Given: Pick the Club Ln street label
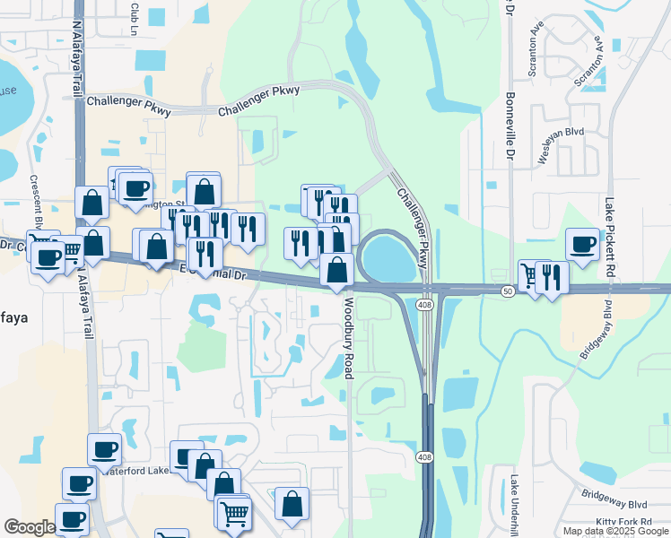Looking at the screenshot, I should pos(135,13).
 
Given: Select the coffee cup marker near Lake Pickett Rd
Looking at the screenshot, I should pos(582,244).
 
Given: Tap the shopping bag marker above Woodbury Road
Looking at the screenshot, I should pos(336,269).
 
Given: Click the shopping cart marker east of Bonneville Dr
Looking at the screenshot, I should pos(533,274).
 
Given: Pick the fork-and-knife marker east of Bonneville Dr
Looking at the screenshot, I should pos(551,276).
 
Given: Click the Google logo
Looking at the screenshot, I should pos(30,527).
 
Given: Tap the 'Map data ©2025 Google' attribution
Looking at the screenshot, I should pos(615,531).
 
